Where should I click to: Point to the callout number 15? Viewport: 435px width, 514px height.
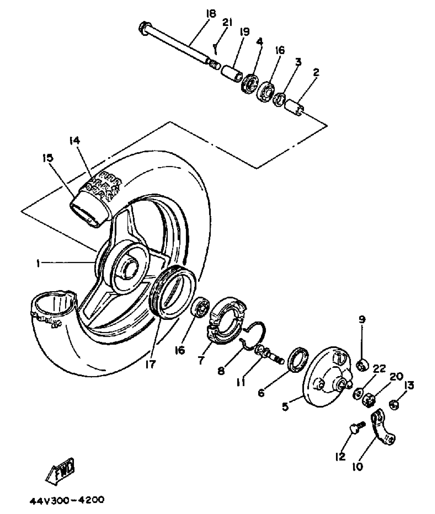[48, 158]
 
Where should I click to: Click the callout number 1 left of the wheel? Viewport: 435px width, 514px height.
[38, 263]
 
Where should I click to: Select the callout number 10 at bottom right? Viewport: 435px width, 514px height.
[357, 467]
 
